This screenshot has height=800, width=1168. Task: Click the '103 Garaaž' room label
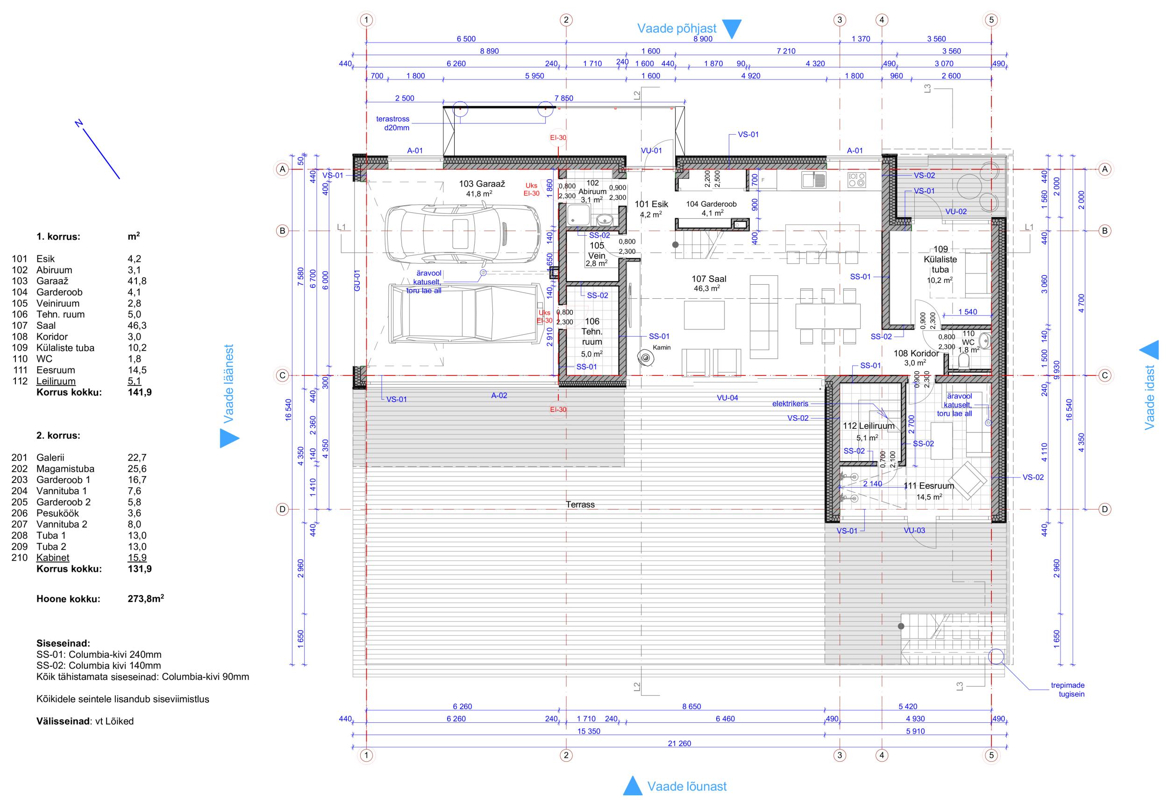pos(482,184)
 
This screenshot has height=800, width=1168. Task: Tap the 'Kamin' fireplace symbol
pos(644,358)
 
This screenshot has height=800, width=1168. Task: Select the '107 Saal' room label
pos(709,279)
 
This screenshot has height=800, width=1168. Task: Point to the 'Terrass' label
pos(580,505)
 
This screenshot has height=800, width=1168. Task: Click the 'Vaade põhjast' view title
pos(677,28)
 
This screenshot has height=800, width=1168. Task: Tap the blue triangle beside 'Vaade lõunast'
pos(632,786)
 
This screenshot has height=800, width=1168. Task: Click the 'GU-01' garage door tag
pos(357,281)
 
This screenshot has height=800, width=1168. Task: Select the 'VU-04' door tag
pos(727,398)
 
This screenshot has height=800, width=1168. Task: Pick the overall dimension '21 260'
pos(679,743)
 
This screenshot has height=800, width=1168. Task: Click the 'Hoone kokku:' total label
pos(68,599)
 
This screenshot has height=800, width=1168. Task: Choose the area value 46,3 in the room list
pos(137,325)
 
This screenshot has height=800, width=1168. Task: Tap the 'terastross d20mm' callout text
pos(393,123)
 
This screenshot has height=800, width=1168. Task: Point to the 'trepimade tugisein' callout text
pos(1068,689)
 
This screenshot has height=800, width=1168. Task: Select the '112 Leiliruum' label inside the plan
pos(869,426)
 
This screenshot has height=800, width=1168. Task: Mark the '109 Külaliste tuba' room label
pos(940,259)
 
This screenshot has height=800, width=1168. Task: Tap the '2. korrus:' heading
pos(58,435)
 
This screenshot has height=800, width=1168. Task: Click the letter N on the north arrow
pos(78,123)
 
